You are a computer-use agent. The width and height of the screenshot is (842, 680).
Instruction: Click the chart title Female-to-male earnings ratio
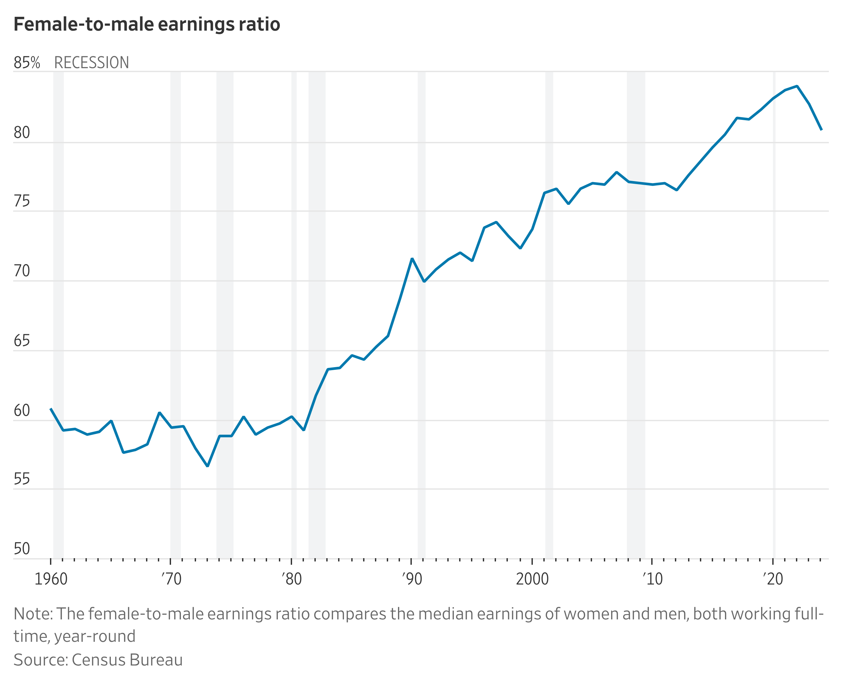point(147,24)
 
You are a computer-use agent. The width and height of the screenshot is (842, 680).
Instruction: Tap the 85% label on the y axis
point(27,63)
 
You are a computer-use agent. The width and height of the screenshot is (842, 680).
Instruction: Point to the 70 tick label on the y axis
point(22,271)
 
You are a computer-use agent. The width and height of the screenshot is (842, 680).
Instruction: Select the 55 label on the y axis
point(22,479)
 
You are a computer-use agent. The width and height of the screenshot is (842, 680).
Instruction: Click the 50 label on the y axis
point(22,549)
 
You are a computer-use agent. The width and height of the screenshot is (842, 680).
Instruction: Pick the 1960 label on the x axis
point(51,579)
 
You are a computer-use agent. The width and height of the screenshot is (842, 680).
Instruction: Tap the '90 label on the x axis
point(412,579)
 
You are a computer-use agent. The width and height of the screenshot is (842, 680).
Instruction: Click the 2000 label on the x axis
point(532,579)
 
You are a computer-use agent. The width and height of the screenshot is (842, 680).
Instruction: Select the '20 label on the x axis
point(773,579)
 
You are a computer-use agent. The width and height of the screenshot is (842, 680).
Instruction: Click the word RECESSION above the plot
point(91,63)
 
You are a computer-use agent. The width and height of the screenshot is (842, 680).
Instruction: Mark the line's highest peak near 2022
point(797,86)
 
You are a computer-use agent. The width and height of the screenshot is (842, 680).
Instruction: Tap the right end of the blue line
point(821,130)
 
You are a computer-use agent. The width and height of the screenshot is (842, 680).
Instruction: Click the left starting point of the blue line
point(51,409)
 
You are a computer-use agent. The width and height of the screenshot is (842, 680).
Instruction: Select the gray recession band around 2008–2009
point(636,313)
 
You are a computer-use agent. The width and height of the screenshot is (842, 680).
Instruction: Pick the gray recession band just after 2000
point(549,313)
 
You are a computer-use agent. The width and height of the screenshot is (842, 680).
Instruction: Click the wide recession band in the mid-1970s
point(225,313)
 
